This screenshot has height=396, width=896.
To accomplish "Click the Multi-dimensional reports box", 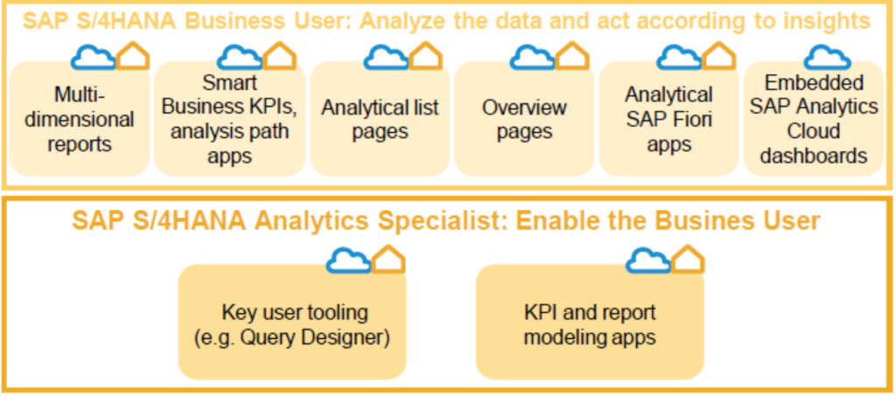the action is [80, 119].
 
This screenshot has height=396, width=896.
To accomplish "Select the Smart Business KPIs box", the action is [230, 119].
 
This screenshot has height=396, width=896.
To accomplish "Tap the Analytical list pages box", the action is [380, 119].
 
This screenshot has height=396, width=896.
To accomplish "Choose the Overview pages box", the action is [524, 119].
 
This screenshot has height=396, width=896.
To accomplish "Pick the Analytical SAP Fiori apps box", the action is [668, 119].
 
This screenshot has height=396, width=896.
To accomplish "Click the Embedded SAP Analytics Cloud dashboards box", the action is [814, 119].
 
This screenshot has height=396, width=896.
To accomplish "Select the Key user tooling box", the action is [292, 322].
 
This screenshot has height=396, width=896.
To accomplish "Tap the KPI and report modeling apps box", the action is [590, 322].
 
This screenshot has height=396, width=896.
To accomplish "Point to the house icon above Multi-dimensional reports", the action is [133, 56].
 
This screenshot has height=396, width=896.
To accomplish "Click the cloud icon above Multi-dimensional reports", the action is [94, 57].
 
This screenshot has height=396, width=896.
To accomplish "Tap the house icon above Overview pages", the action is [572, 56].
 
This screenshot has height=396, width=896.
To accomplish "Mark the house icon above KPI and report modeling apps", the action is [688, 259].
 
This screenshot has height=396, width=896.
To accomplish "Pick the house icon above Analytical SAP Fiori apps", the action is [719, 56].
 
